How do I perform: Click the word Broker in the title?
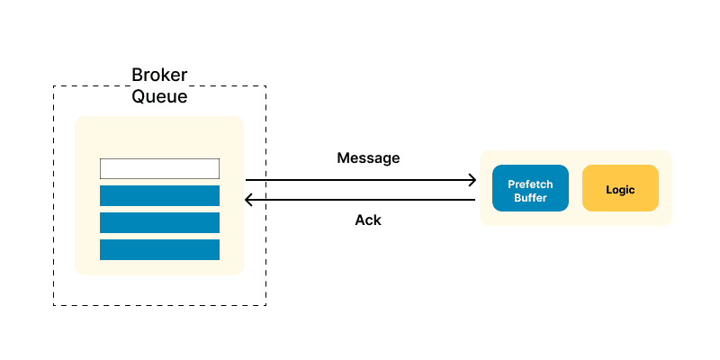tap(159, 75)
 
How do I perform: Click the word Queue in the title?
tap(159, 96)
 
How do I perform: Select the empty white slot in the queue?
tap(159, 168)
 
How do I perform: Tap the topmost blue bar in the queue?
tap(159, 195)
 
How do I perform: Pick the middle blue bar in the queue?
tap(159, 222)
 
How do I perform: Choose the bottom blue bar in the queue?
tap(159, 249)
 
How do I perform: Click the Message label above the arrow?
tap(368, 157)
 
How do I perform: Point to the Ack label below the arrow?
tap(368, 220)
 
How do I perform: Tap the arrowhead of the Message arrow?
tap(472, 180)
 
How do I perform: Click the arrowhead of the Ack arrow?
tap(248, 199)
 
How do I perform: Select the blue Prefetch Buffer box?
tap(530, 188)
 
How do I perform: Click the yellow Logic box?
tap(620, 188)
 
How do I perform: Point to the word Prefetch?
tap(530, 184)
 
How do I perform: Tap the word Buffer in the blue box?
tap(530, 197)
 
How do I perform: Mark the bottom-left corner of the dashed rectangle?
tap(54, 305)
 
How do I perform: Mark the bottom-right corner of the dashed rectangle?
tap(265, 305)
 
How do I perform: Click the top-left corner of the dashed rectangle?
tap(54, 86)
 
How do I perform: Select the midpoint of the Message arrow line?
tap(360, 180)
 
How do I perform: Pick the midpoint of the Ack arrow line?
tap(360, 199)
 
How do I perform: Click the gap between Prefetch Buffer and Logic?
tap(576, 188)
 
